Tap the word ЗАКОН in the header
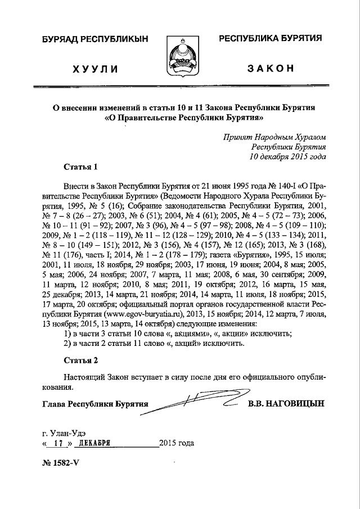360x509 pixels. tap(271, 69)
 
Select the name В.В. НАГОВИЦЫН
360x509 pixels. tap(286, 404)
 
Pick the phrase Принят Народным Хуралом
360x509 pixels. tap(274, 137)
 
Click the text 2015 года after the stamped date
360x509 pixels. tap(177, 443)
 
